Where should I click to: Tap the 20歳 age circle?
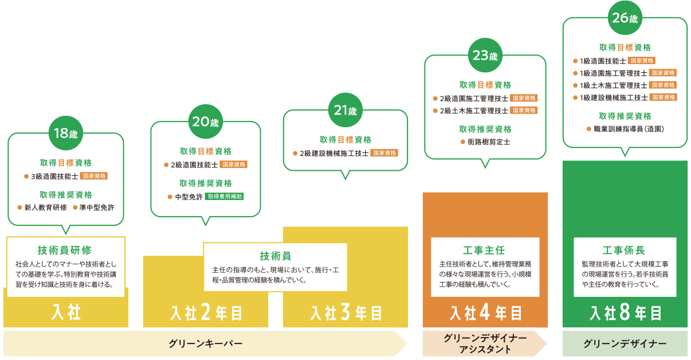[205, 122]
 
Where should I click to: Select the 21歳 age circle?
[345, 110]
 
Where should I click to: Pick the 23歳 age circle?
[485, 56]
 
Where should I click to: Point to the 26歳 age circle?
[625, 18]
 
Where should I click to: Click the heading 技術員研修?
[65, 250]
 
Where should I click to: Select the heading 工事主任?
[484, 251]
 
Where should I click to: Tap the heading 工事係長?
[624, 251]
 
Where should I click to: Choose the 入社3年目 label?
[346, 313]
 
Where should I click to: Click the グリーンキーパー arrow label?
[205, 344]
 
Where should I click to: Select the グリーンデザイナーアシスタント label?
[485, 344]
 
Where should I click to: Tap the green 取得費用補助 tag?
[224, 196]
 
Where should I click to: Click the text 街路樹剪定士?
[489, 142]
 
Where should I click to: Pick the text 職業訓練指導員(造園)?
[629, 129]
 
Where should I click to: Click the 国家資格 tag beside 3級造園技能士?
[94, 176]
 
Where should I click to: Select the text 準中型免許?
[97, 207]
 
